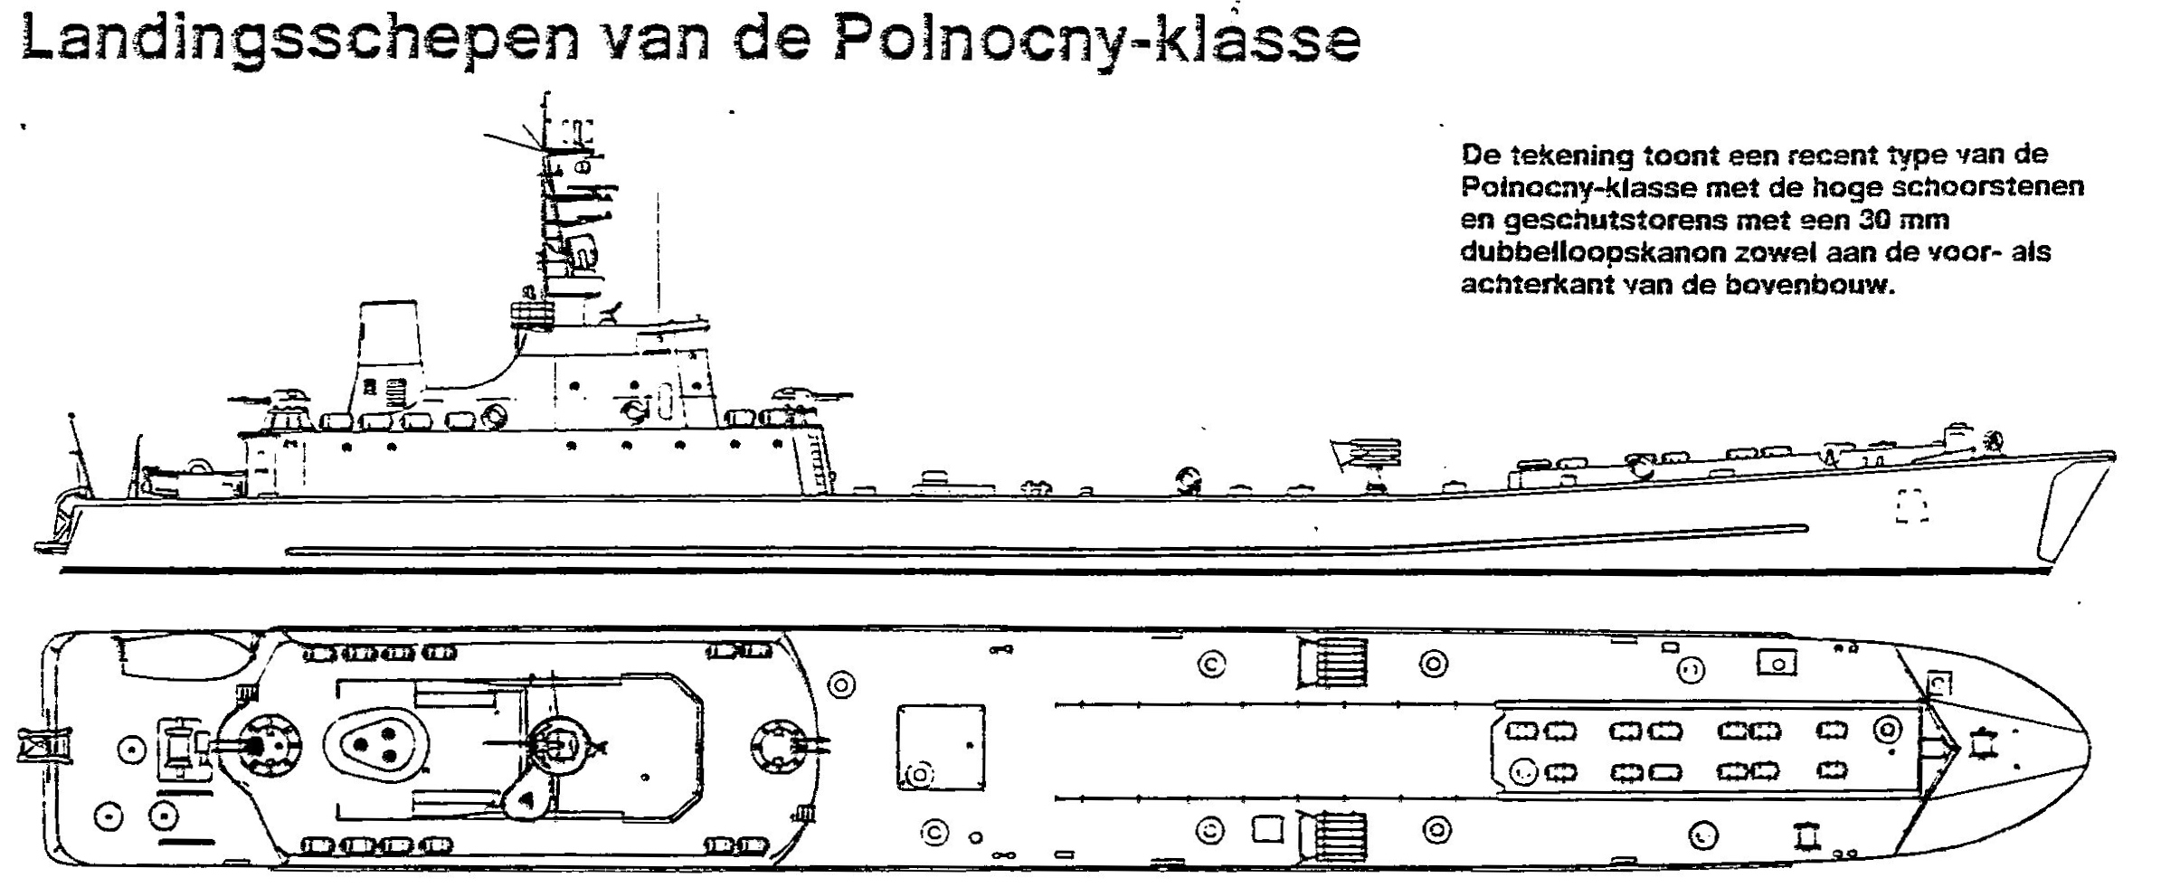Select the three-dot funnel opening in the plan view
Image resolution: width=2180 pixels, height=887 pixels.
[375, 744]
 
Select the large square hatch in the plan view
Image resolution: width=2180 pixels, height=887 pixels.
[941, 747]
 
